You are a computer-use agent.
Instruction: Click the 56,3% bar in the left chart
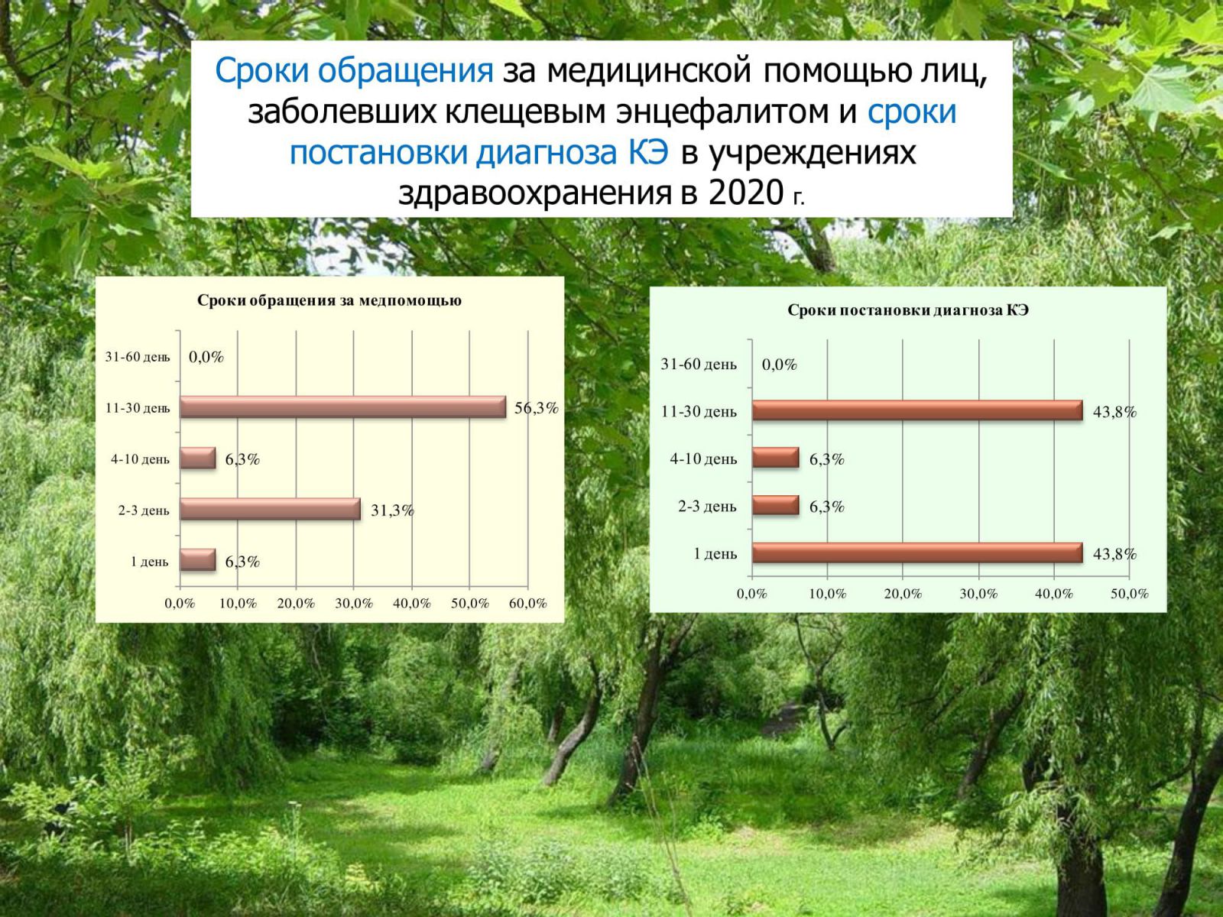point(342,407)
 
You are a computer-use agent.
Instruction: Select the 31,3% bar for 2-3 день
point(271,509)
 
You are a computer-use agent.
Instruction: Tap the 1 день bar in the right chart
point(917,552)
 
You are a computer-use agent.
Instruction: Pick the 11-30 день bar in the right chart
point(917,410)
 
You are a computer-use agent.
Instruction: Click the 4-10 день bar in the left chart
point(198,458)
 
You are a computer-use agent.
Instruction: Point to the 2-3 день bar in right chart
point(776,506)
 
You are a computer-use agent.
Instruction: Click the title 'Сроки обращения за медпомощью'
point(329,300)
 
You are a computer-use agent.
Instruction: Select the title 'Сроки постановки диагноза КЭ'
point(907,310)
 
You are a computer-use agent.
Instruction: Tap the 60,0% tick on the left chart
point(527,603)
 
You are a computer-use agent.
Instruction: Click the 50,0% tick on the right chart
point(1130,594)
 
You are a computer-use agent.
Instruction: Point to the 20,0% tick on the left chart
point(296,603)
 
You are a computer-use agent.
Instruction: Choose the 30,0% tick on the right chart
point(978,594)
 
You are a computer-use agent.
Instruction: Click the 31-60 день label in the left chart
point(138,357)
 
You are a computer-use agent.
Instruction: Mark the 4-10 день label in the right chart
point(703,458)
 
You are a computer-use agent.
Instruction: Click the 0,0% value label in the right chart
point(780,365)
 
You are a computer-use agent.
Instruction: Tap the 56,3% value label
point(536,408)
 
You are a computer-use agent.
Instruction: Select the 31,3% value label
point(392,510)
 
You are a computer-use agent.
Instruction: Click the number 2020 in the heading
point(746,193)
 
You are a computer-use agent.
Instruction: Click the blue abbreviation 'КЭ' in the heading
point(648,152)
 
